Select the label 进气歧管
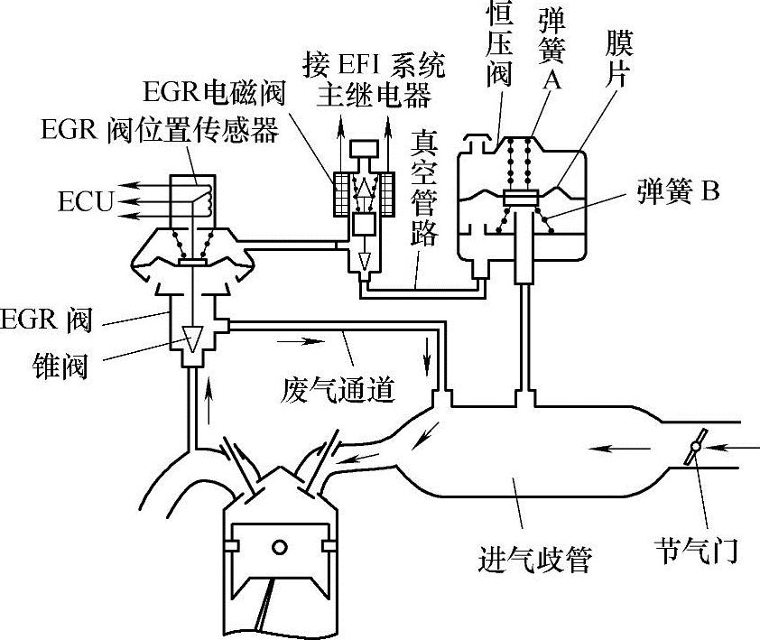[x=533, y=560]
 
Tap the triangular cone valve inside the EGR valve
[x=190, y=337]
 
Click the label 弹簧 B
[x=676, y=191]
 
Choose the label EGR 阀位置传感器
[x=159, y=132]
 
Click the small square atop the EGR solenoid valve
[x=364, y=147]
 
